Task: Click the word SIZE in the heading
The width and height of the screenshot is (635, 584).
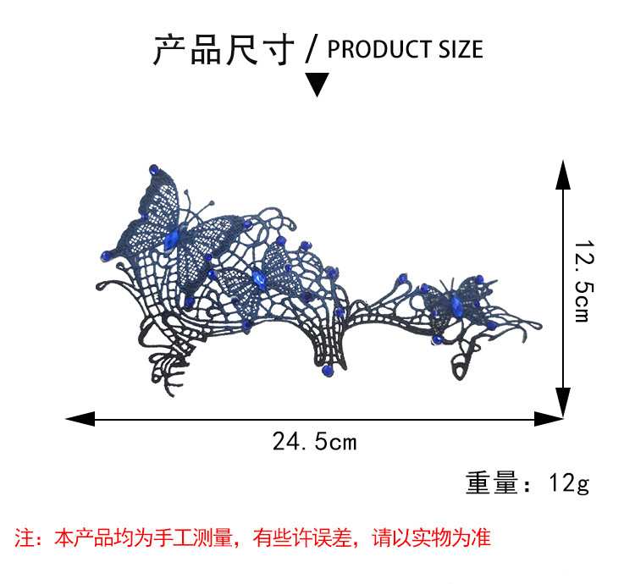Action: tap(460, 49)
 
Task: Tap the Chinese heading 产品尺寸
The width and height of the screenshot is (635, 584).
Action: tap(224, 48)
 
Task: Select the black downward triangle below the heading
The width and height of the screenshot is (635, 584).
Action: tap(317, 84)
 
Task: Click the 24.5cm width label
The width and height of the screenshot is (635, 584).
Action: tap(315, 441)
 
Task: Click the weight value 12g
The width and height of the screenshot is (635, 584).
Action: tap(569, 484)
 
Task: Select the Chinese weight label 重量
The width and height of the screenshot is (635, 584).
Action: tap(491, 484)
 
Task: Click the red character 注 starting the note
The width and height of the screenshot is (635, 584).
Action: tap(24, 537)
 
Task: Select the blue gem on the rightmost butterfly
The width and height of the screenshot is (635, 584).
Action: tap(455, 298)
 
